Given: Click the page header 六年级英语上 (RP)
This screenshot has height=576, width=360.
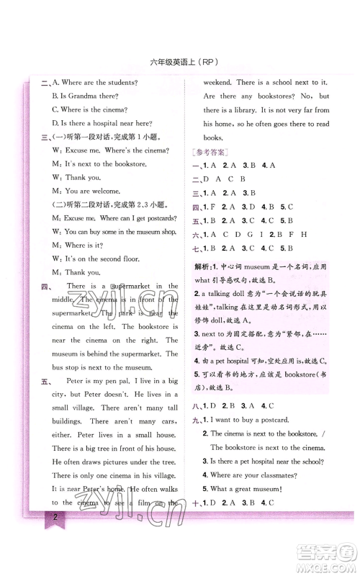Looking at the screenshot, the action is coord(180,61).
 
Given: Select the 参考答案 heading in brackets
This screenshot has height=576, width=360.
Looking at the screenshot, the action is coord(211,152).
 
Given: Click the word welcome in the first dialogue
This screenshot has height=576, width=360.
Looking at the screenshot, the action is coord(120,191).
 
